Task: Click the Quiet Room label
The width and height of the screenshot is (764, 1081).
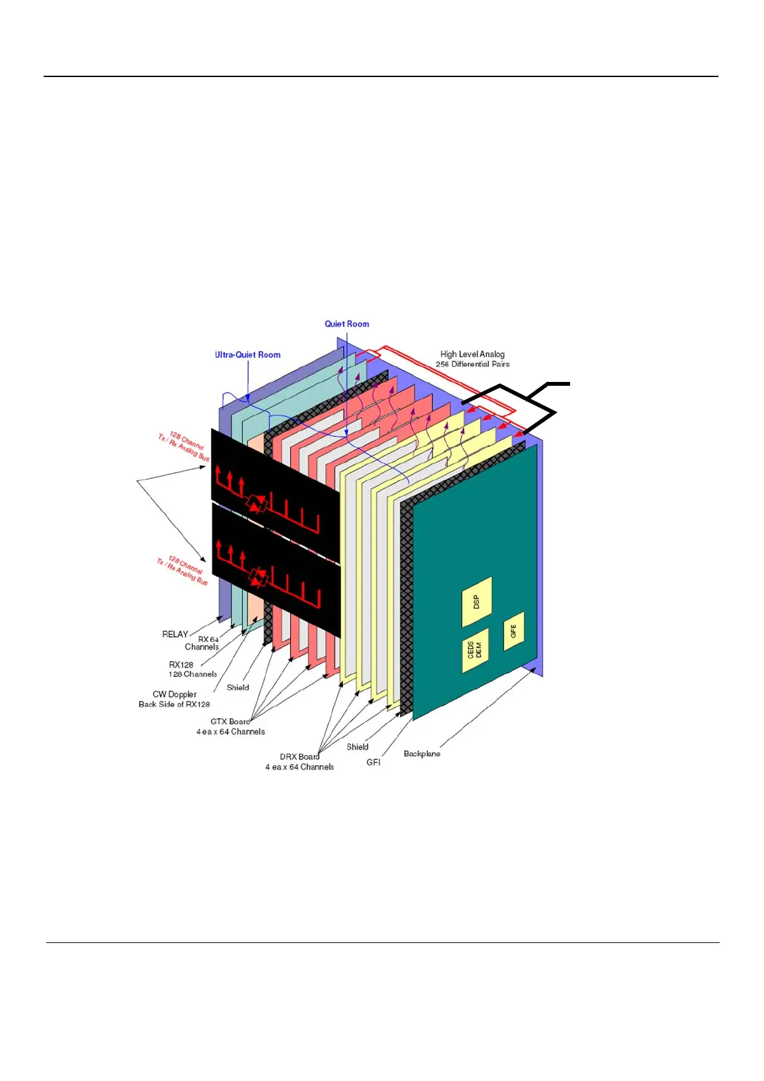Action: tap(347, 324)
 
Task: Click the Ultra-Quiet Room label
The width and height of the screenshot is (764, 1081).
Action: tap(247, 354)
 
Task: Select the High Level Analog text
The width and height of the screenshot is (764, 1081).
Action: tap(472, 354)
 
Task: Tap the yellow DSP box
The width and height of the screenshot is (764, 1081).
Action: tap(476, 602)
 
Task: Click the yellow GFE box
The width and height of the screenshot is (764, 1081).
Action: tap(514, 630)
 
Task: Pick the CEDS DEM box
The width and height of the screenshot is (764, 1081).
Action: tap(474, 650)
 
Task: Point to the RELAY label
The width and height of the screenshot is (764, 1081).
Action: tap(175, 634)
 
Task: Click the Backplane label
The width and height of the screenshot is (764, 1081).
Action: tap(422, 754)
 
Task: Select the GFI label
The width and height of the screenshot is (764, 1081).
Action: tap(373, 762)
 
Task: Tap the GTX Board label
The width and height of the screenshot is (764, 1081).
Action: tap(230, 722)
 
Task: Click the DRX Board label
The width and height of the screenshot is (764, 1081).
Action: tap(300, 757)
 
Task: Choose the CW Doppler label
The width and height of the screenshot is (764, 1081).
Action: tap(175, 695)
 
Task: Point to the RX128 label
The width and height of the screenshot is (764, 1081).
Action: tap(181, 665)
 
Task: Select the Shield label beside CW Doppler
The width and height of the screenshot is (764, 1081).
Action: tap(238, 688)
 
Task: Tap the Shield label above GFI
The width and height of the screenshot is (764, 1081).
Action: tap(358, 747)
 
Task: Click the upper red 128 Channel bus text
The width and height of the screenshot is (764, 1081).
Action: tap(185, 447)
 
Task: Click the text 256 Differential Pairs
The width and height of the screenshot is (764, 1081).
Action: tap(473, 364)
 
